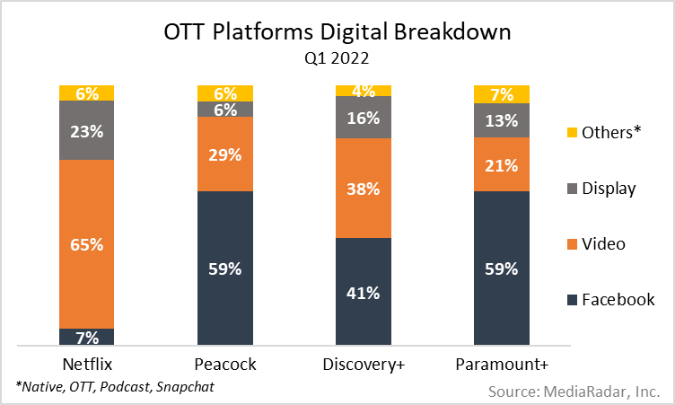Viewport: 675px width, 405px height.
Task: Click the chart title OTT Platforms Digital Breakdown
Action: [x=337, y=33]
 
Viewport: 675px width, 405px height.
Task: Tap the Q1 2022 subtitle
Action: [x=337, y=59]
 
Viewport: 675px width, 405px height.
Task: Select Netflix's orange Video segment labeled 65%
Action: [x=86, y=243]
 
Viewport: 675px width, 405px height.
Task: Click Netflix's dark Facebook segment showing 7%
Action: [x=86, y=337]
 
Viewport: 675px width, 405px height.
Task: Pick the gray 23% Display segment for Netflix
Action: [x=86, y=129]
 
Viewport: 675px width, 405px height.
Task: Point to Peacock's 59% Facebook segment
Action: [x=224, y=268]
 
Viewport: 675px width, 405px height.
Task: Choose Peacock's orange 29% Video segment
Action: [x=224, y=154]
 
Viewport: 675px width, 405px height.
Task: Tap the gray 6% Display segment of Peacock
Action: [x=224, y=109]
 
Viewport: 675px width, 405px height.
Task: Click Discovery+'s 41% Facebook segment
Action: [x=363, y=292]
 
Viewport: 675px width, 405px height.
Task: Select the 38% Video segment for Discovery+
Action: [x=363, y=188]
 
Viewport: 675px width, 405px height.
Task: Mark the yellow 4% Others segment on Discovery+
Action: [x=363, y=90]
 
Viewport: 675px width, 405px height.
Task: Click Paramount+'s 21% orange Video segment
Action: [x=501, y=165]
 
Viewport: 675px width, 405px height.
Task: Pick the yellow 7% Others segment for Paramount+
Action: [x=501, y=92]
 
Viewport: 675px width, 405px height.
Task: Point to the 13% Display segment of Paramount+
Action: [x=501, y=121]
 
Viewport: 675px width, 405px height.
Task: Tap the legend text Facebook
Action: [x=618, y=299]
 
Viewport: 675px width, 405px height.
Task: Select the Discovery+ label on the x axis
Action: [x=363, y=364]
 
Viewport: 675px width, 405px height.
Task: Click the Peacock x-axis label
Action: [x=224, y=364]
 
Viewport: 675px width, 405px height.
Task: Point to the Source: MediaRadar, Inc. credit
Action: [x=575, y=392]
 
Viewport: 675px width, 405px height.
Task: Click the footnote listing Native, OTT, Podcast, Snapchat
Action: [x=115, y=387]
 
